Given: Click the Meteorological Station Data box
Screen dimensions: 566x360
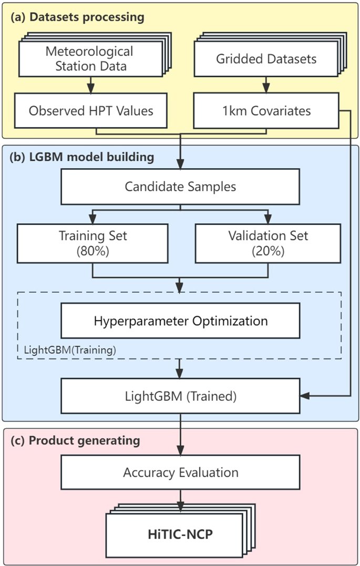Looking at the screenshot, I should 89,58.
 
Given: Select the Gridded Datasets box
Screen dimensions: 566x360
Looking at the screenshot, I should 266,58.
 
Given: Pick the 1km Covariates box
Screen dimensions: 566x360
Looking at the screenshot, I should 266,111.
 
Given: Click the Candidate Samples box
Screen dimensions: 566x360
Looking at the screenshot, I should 180,187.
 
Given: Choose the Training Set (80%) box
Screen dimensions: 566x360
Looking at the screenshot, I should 92,243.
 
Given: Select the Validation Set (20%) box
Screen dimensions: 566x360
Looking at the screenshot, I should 268,243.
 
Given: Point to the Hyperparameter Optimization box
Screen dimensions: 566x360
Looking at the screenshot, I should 180,321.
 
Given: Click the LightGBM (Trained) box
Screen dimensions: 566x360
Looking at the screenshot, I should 180,396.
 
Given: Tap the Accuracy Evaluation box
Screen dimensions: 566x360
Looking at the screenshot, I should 180,472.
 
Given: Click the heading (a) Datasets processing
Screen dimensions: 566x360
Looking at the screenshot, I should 77,17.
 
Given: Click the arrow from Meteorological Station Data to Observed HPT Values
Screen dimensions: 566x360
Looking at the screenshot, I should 91,85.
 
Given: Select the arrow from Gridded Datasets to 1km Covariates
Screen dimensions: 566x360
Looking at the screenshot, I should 266,85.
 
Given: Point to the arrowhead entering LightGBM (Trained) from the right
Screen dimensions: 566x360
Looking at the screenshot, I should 303,396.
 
